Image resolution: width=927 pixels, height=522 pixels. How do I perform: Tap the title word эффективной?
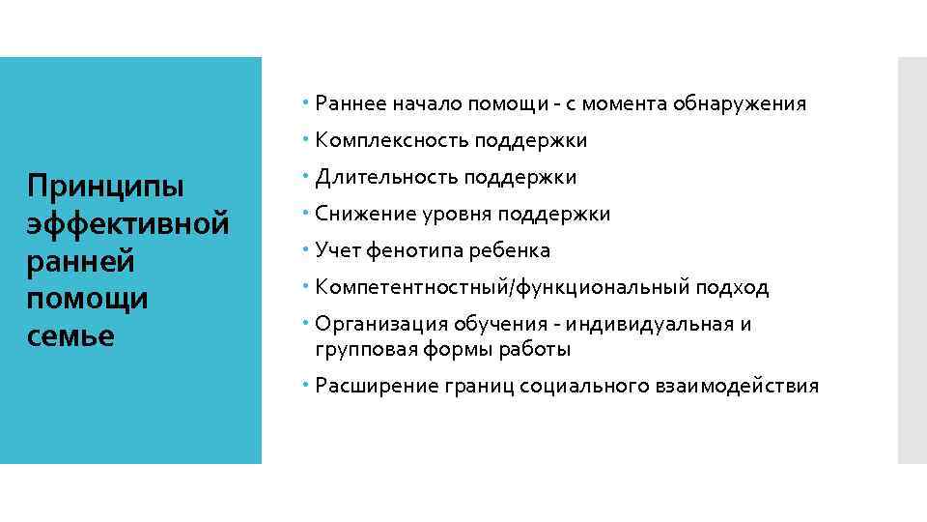pyautogui.click(x=129, y=224)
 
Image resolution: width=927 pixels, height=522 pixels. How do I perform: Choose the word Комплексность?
pyautogui.click(x=391, y=141)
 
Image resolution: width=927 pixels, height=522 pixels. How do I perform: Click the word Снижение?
pyautogui.click(x=361, y=214)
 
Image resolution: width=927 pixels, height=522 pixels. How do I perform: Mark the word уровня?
pyautogui.click(x=450, y=214)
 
